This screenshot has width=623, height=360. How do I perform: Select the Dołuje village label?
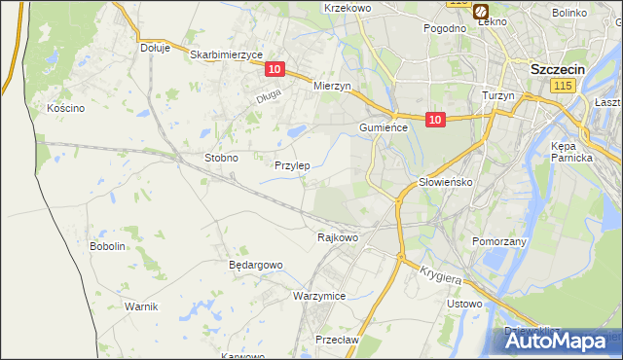pos(155,47)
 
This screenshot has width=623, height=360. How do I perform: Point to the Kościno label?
pos(66,108)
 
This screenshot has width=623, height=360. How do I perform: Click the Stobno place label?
pos(221,157)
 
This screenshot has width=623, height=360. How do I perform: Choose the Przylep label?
pos(292,165)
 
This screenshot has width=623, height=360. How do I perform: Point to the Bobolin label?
pos(108,246)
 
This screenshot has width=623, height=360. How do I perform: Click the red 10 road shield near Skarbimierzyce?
pos(275,68)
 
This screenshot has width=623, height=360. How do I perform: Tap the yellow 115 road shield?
pos(561,88)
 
